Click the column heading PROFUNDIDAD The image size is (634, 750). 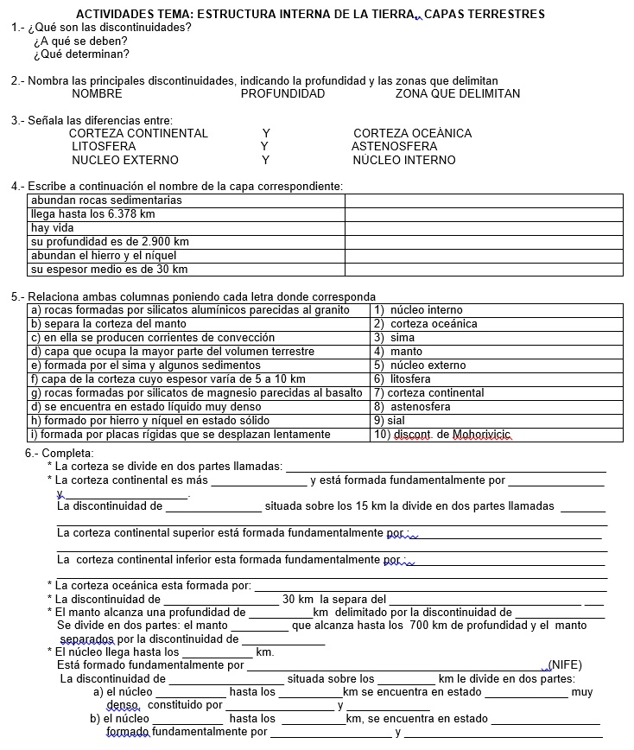282,93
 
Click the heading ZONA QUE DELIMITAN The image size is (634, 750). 458,93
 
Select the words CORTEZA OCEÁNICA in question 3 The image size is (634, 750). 412,134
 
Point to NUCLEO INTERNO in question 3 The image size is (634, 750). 403,160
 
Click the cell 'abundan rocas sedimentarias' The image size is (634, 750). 106,200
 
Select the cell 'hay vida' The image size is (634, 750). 53,228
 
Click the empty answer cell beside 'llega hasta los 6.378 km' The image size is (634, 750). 484,214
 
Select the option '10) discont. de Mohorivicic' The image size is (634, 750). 442,435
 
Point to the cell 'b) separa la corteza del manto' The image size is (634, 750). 108,324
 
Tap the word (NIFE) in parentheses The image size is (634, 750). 565,665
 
